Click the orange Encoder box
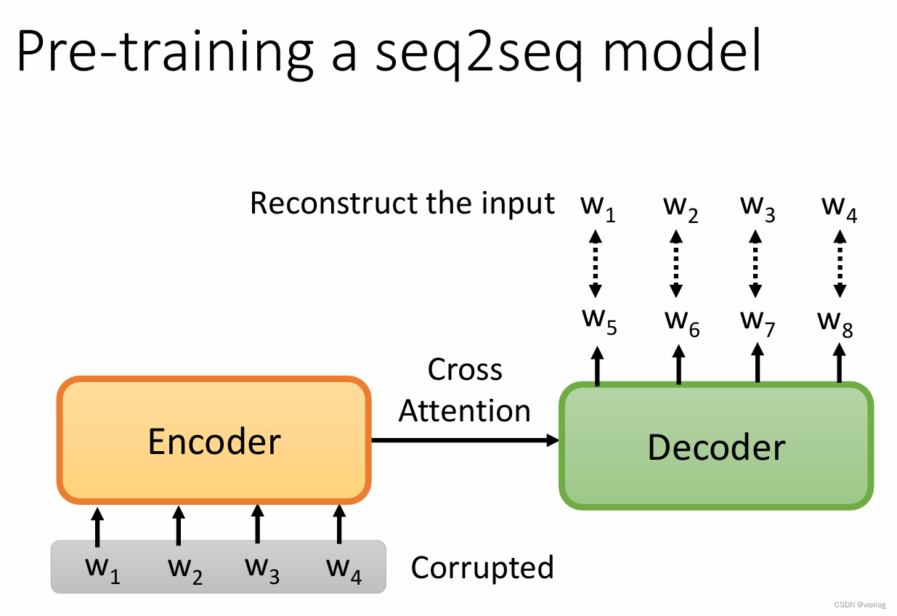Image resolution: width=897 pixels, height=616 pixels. click(214, 441)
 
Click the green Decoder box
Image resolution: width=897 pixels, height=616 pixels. click(715, 446)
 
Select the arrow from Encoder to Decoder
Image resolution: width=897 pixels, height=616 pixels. click(465, 439)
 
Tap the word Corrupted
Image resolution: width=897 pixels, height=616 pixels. click(482, 567)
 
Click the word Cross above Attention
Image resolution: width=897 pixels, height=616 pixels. click(465, 370)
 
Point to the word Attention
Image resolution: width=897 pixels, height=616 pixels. click(465, 411)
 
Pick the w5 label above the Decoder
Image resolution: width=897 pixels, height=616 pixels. click(598, 321)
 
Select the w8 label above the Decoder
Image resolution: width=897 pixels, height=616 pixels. click(835, 321)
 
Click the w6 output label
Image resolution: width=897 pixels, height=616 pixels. click(681, 321)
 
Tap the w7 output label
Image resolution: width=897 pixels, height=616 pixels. click(758, 321)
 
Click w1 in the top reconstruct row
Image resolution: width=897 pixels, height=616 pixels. click(598, 207)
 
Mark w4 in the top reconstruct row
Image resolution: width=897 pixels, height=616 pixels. click(839, 207)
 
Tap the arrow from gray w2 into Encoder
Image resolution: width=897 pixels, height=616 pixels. click(178, 525)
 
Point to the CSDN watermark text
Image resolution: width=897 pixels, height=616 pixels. click(860, 604)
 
